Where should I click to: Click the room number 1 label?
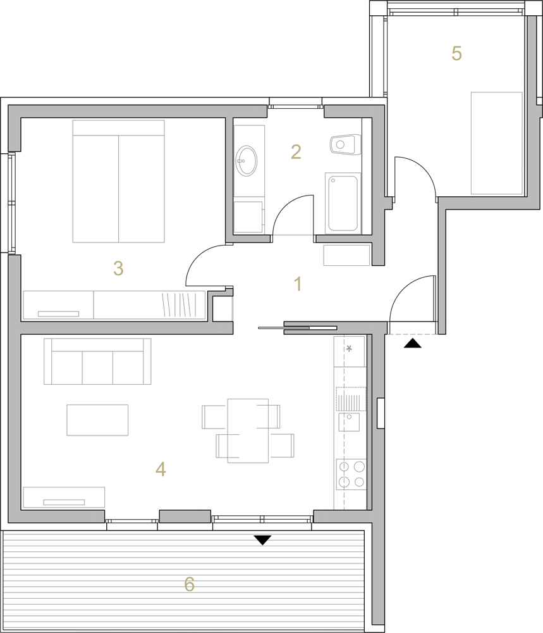tap(298, 284)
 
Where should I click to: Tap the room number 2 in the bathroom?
tap(296, 152)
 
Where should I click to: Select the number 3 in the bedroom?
tap(118, 268)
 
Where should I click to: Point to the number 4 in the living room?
tap(161, 469)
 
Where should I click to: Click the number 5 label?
tap(456, 53)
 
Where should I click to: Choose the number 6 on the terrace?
tap(189, 584)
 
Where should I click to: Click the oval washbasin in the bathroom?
tap(247, 161)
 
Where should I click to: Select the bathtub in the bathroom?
tap(343, 203)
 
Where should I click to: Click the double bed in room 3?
tap(118, 181)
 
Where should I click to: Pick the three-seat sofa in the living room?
tap(97, 361)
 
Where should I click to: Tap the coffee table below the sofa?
tap(97, 420)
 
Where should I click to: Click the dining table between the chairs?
tap(248, 430)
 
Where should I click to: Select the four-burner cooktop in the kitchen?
tap(351, 474)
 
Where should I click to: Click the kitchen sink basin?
tap(349, 422)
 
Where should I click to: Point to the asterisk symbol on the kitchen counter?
tap(349, 348)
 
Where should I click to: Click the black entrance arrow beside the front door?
tap(412, 343)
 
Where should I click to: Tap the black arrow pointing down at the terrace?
tap(262, 540)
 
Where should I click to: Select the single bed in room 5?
tap(497, 143)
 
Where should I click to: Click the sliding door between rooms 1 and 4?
tap(298, 327)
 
